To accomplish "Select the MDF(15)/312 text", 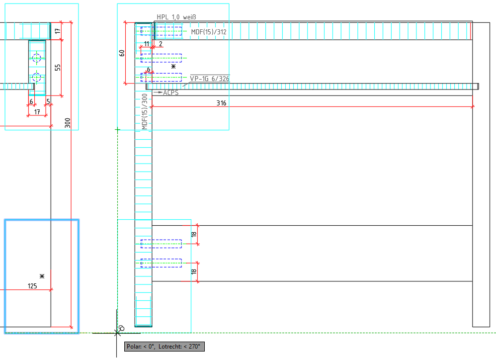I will [209, 32].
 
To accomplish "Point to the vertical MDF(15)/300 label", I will [145, 112].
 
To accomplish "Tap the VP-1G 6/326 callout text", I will [209, 78].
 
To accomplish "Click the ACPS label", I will [170, 92].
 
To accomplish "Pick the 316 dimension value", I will [221, 103].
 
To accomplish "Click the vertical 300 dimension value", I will [68, 123].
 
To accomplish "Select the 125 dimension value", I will [33, 285].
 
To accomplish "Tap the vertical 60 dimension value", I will [122, 53].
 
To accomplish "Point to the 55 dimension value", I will [58, 67].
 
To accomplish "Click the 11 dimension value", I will [147, 44].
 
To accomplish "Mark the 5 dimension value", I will [48, 102].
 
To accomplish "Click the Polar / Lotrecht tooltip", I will [164, 346].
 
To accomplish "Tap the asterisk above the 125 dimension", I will [42, 276].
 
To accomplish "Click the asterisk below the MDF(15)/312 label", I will [173, 66].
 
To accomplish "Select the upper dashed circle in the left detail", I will [36, 59].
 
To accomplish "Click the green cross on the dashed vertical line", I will [117, 130].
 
